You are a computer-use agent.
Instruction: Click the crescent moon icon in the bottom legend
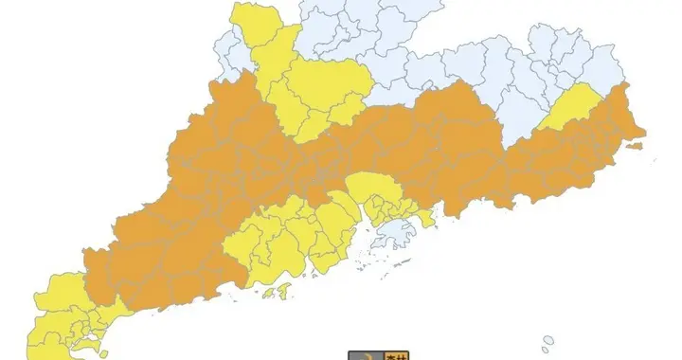click(x=362, y=356)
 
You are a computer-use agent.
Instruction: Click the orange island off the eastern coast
click(x=635, y=147)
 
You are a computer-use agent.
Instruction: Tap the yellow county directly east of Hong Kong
click(x=426, y=218)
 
